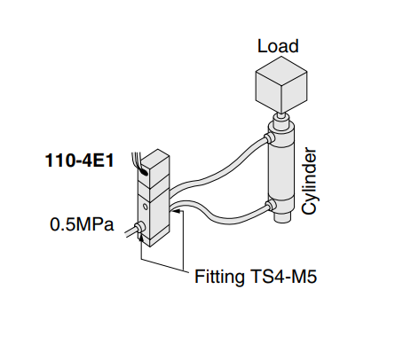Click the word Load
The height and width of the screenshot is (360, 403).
[x=278, y=46]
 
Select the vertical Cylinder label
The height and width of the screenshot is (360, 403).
[x=310, y=181]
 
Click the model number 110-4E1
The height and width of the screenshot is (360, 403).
[x=79, y=161]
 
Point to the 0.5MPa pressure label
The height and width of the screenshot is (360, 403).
[x=82, y=224]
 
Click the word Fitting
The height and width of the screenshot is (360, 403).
[x=219, y=277]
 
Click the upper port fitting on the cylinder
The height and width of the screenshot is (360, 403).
[x=269, y=137]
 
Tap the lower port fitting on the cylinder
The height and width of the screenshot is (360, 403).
[x=271, y=205]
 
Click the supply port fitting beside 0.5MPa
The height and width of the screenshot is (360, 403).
[x=139, y=227]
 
